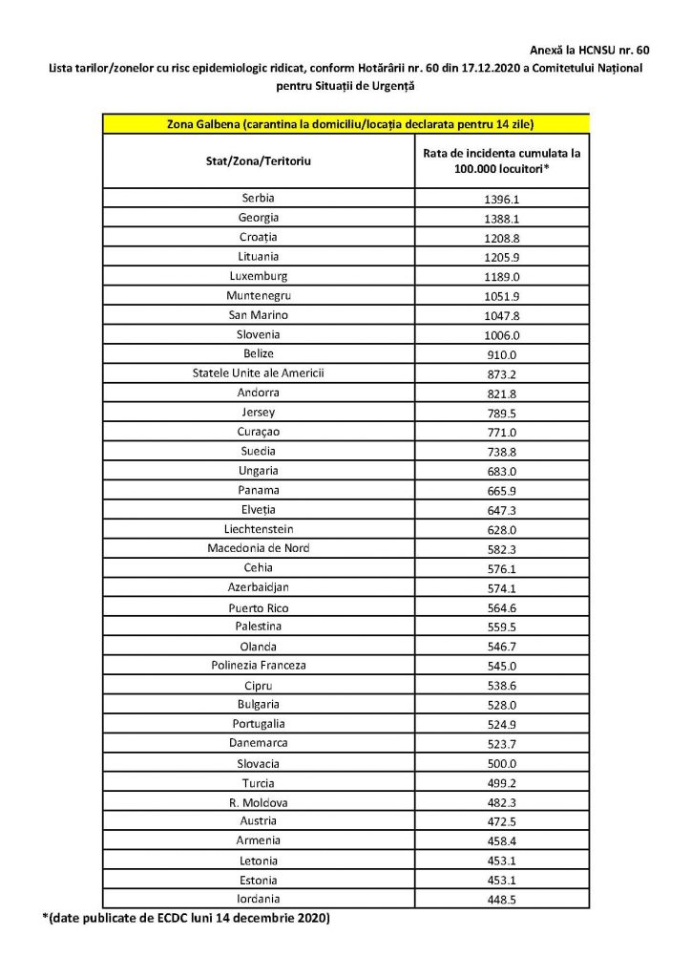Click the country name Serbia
coord(258,199)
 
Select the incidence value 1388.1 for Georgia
coord(501,219)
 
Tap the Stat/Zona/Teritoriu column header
coord(258,161)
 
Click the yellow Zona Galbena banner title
coord(345,124)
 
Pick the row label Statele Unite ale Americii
coord(258,372)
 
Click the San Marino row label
coord(258,314)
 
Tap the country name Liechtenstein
coord(258,528)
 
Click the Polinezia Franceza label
coord(258,665)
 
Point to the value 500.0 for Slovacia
coord(501,763)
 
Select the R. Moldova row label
coord(258,801)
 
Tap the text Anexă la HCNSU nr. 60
coord(589,48)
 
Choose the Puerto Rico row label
coord(258,607)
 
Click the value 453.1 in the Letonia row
coord(501,861)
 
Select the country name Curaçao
coord(258,431)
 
